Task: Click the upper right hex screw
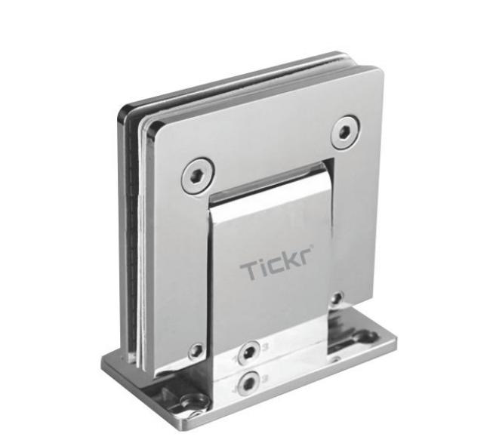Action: (x=344, y=131)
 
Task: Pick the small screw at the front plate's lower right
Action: (x=337, y=297)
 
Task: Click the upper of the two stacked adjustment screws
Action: (x=248, y=351)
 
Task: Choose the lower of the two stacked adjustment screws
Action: (x=245, y=383)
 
